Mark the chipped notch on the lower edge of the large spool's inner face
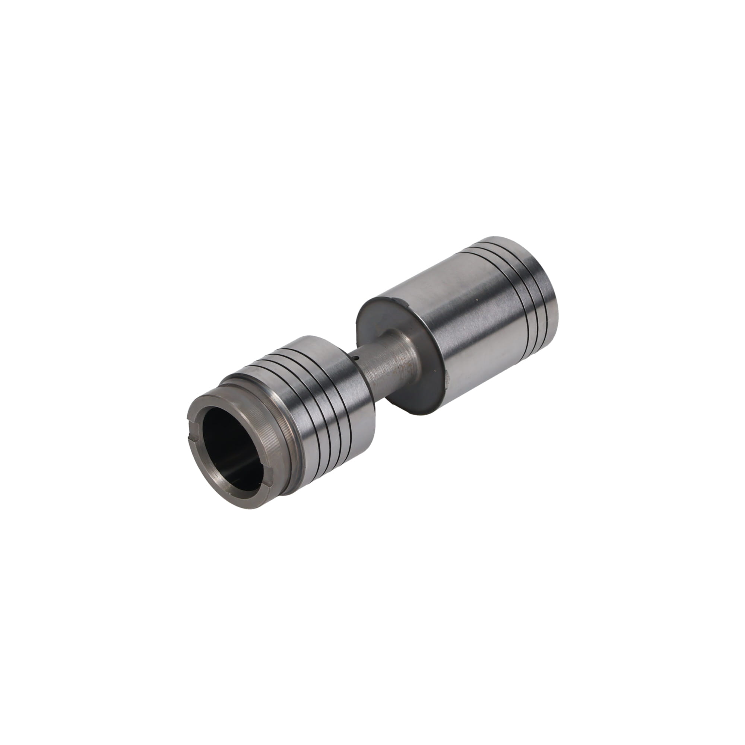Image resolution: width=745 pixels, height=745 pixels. coord(447,380)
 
